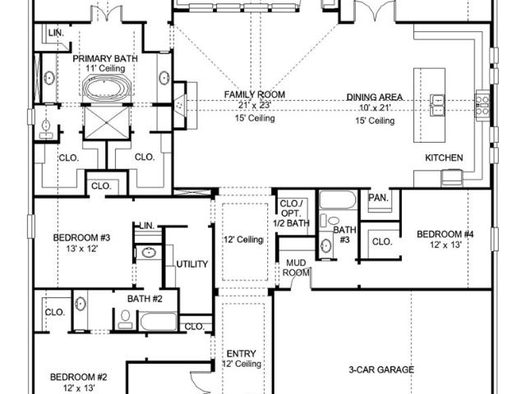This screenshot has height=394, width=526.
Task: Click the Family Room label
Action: pos(255,95)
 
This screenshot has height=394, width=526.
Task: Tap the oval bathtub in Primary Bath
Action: pos(107,88)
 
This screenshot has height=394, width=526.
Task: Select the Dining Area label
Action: pos(375,98)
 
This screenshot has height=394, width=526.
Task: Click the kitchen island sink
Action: pos(437,105)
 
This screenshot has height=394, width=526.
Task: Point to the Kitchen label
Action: pos(444,158)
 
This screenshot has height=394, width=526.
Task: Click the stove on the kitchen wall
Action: pos(482,105)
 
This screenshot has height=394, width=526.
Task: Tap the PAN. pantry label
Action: pos(378,198)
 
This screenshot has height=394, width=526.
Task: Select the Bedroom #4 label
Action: pos(445,234)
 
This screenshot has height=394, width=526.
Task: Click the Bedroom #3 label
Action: pos(81,238)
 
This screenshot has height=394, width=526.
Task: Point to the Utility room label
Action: pos(192,264)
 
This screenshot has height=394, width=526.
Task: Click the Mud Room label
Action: pos(296,268)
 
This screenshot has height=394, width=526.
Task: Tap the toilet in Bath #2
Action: pos(125,319)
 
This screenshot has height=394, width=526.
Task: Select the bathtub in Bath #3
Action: pos(338,200)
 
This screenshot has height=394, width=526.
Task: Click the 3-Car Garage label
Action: pos(381,370)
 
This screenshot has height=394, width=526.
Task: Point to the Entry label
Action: pos(241,354)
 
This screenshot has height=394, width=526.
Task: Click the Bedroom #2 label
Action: pos(79,378)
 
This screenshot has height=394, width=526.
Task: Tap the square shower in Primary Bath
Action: pos(107,122)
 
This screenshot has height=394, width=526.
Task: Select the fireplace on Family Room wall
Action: pos(181,105)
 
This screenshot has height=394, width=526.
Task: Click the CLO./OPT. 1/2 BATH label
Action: pos(292,213)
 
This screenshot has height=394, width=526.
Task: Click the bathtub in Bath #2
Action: pos(158,322)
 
